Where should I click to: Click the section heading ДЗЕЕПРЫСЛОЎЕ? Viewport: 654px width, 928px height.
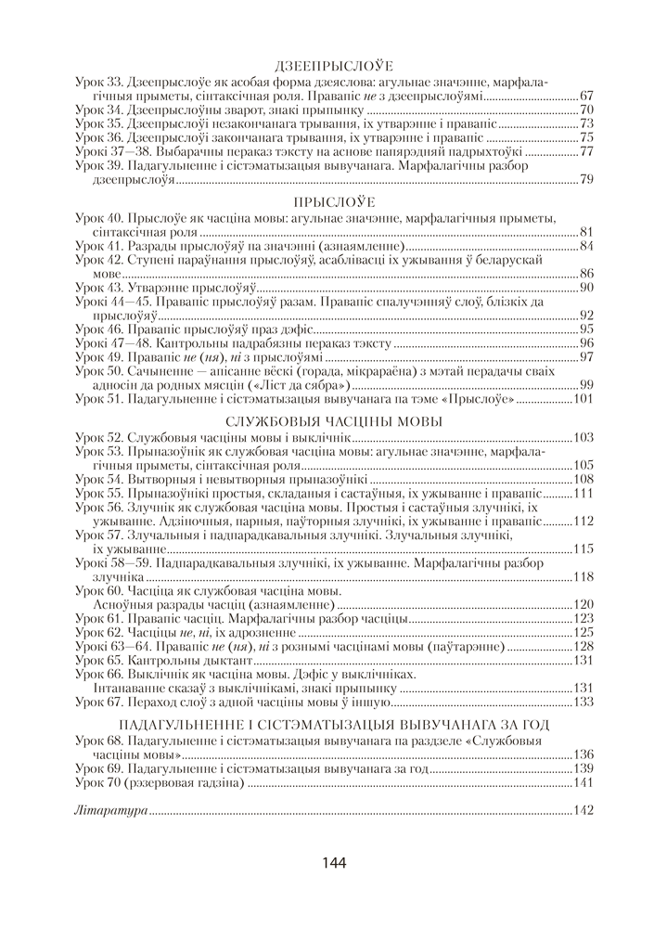[335, 66]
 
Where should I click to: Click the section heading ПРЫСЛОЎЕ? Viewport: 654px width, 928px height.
[335, 201]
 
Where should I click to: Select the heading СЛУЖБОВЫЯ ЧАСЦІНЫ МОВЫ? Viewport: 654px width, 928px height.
[335, 421]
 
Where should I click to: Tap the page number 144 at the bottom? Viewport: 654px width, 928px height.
[334, 863]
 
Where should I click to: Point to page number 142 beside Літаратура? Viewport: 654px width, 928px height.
[583, 811]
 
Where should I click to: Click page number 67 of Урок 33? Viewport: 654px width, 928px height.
[587, 96]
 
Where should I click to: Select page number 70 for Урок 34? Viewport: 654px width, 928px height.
[587, 110]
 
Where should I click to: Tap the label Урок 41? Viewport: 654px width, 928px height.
[97, 246]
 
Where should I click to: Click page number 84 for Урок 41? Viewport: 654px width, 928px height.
[587, 246]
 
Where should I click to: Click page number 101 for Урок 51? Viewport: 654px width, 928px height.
[583, 400]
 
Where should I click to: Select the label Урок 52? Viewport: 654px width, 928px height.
[97, 436]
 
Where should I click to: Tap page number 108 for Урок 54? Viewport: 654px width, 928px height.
[583, 479]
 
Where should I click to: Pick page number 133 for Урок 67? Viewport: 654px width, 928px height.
[583, 702]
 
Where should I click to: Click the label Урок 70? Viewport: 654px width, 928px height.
[97, 783]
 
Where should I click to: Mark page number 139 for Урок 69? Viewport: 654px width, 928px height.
[583, 768]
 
